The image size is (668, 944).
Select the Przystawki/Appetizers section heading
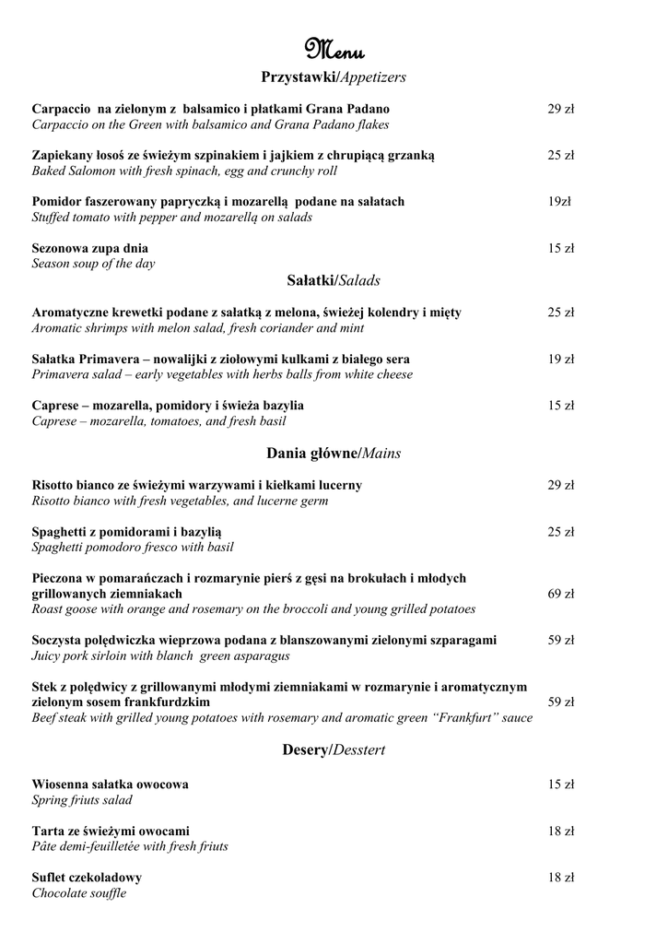334,77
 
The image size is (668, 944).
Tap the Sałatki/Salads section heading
334,280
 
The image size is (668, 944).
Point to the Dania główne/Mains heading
334,454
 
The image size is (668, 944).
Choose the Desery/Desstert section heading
334,750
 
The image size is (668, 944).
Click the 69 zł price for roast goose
561,594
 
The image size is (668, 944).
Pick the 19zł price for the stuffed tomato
559,201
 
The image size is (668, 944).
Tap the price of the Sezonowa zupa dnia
561,248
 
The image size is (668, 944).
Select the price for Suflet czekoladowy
561,878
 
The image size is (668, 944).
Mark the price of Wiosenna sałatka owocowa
561,785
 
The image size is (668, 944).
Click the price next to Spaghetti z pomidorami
561,532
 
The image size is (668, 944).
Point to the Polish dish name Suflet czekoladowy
87,878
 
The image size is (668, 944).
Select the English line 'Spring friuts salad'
82,800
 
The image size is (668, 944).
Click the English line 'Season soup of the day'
93,264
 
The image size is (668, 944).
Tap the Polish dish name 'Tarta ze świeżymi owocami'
111,831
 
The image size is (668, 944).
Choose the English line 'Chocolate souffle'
79,893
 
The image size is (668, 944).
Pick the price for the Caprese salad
561,405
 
